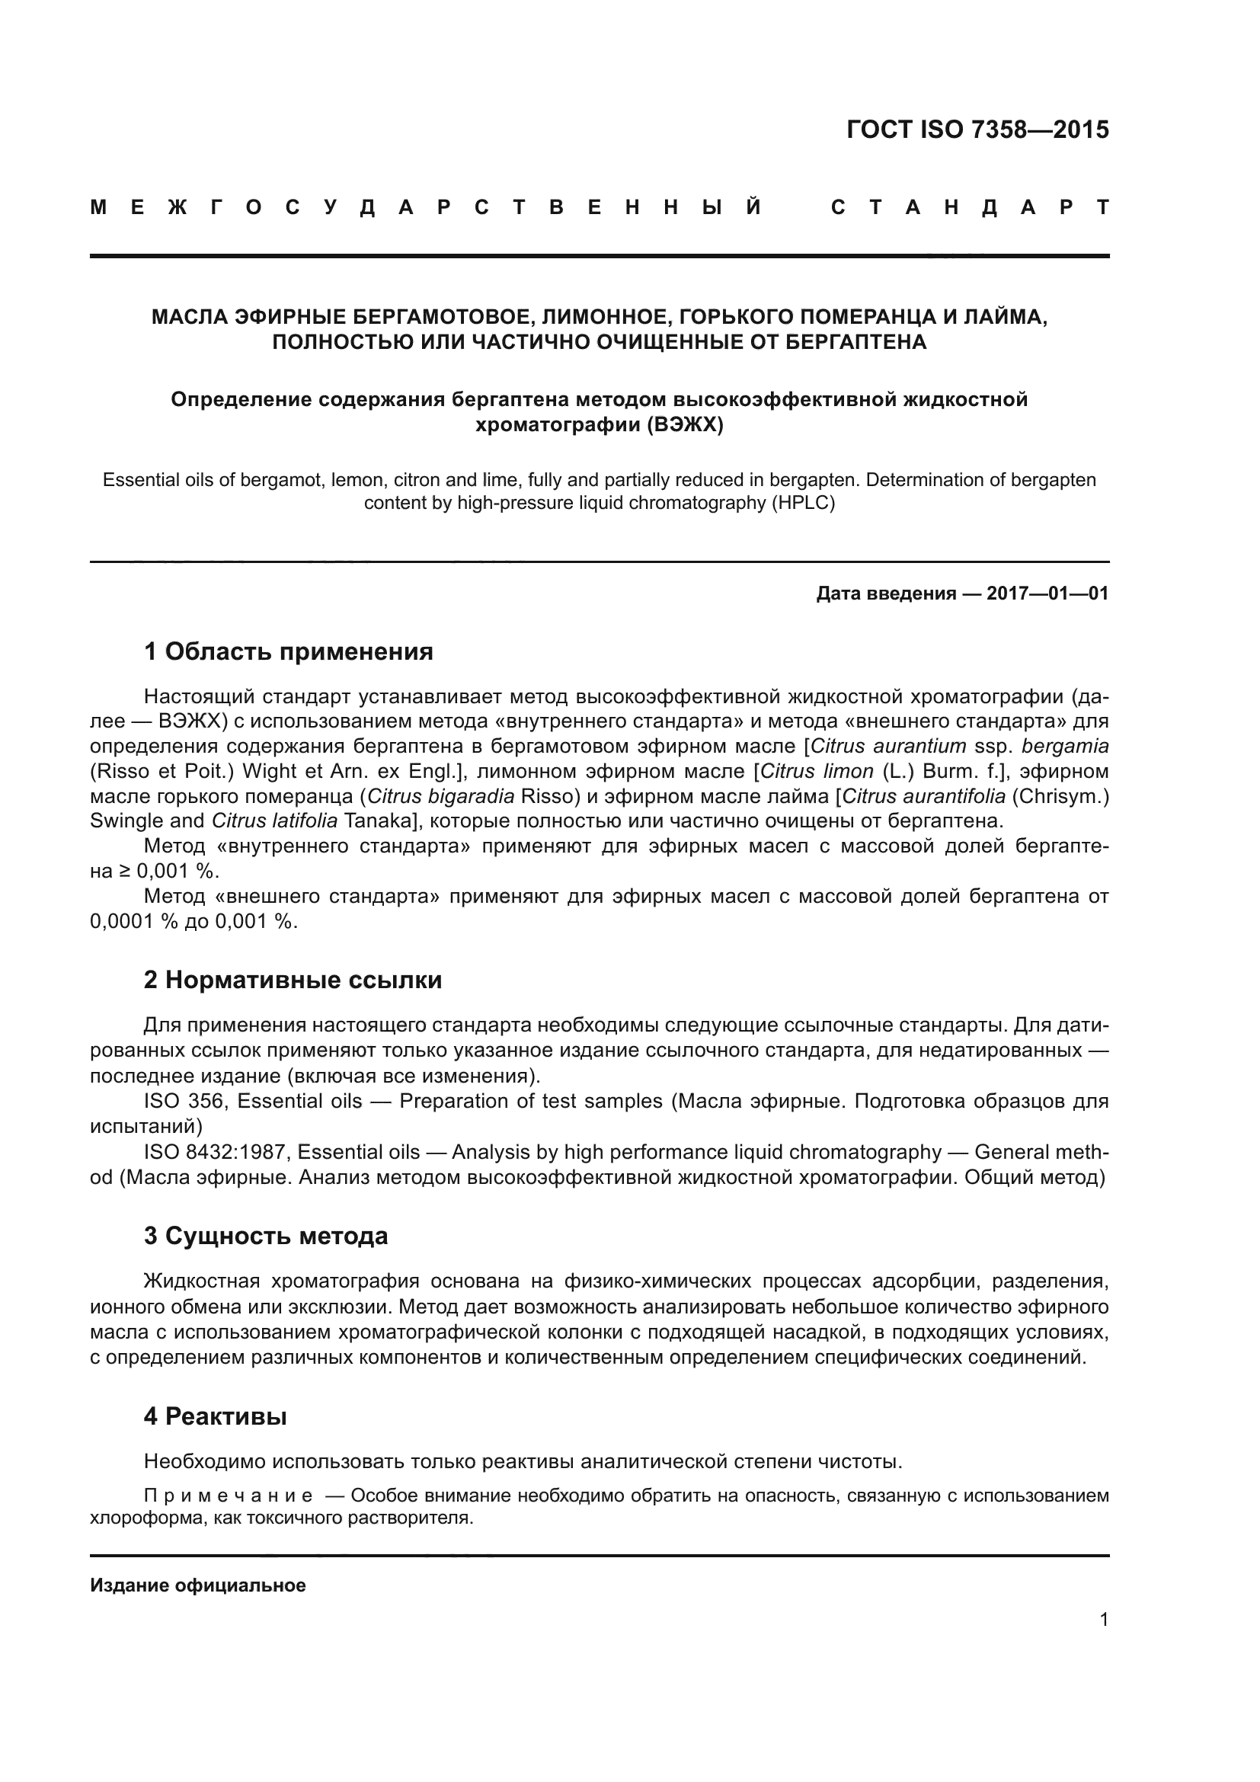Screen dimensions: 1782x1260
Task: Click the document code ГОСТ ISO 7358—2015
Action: coord(977,130)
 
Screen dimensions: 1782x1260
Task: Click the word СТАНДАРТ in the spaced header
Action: coord(970,208)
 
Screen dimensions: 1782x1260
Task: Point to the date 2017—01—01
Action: coord(1047,593)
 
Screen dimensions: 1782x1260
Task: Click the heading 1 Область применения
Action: coord(289,651)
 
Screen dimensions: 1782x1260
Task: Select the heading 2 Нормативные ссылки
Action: coord(293,981)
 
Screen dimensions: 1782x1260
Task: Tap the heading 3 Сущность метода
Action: coord(265,1236)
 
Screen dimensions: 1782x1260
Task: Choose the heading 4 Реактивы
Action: coord(215,1416)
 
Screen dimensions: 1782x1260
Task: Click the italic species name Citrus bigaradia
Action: coord(440,796)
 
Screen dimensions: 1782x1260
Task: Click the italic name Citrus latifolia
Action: coord(275,821)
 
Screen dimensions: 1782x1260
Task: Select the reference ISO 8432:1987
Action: coord(215,1153)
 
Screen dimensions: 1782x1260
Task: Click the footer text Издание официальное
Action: coord(198,1585)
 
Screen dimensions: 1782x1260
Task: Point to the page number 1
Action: coord(1103,1620)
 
